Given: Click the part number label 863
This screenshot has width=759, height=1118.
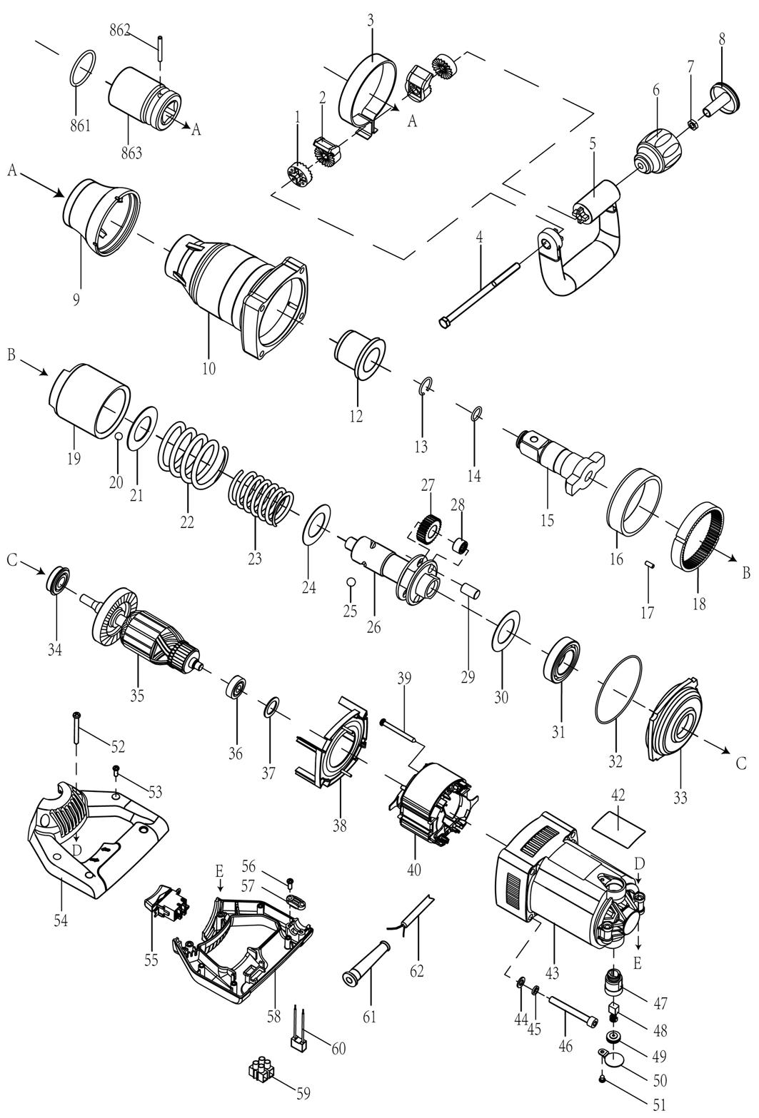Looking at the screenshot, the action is (131, 153).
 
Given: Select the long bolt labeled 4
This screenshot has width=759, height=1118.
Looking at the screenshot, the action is (481, 295).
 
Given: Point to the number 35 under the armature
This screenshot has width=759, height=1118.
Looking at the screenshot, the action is (137, 694).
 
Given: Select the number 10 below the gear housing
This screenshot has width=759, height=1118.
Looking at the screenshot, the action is (209, 369).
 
